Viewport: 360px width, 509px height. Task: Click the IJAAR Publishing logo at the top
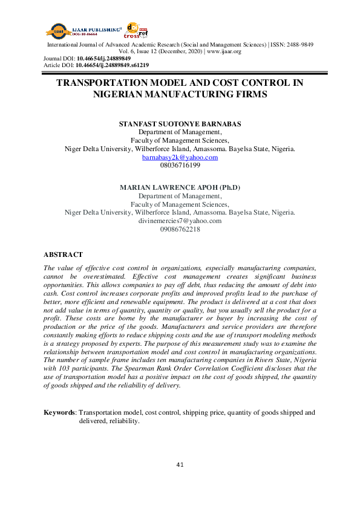coord(79,29)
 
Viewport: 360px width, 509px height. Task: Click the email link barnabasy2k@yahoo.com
coord(180,157)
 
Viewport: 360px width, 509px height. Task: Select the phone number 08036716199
coord(180,165)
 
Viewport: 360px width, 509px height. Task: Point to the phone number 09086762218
coord(180,229)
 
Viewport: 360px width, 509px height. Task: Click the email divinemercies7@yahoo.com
coord(180,221)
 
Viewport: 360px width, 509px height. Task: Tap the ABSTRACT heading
coord(64,255)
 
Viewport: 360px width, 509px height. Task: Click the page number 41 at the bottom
coord(180,464)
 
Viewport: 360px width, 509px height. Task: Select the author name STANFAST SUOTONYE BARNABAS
coord(180,123)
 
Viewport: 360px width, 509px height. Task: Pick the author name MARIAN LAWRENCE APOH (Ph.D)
coord(180,187)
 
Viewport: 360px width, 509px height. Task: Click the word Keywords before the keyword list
coord(60,412)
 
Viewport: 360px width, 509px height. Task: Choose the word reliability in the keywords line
coord(123,421)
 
